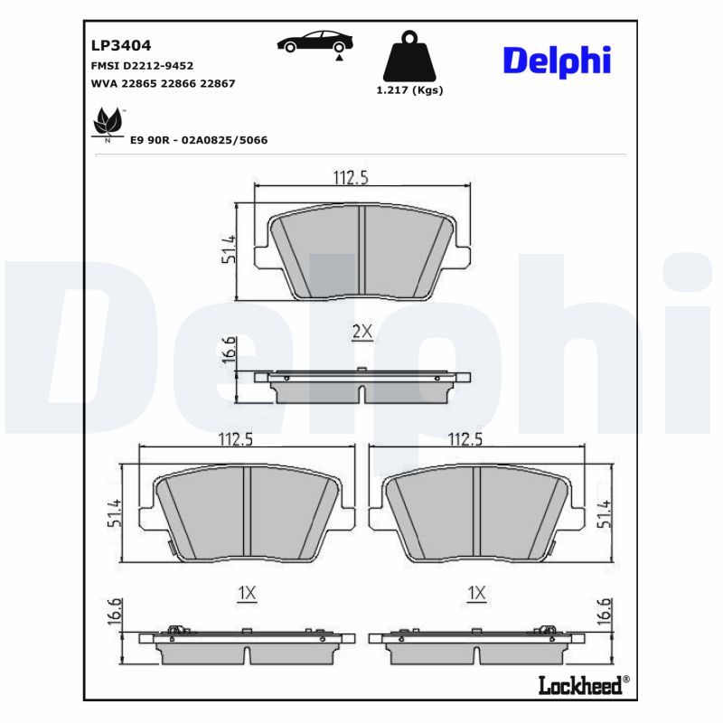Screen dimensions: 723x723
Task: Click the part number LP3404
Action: coord(120,45)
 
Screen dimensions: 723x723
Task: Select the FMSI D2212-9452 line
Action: coord(142,66)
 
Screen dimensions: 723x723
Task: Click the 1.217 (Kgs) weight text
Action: coord(409,90)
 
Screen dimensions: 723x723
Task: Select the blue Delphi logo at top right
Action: coord(557,60)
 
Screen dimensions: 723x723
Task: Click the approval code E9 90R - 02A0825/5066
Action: coord(199,140)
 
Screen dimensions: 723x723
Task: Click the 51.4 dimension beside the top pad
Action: coord(229,249)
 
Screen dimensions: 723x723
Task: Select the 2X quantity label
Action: coord(361,333)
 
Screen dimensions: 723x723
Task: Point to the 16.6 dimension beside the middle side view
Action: coord(229,349)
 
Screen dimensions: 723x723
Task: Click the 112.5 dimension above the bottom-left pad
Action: coord(235,439)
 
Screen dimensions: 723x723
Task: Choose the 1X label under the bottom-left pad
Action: coord(247,593)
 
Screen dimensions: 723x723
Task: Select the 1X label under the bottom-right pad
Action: coord(476,593)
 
